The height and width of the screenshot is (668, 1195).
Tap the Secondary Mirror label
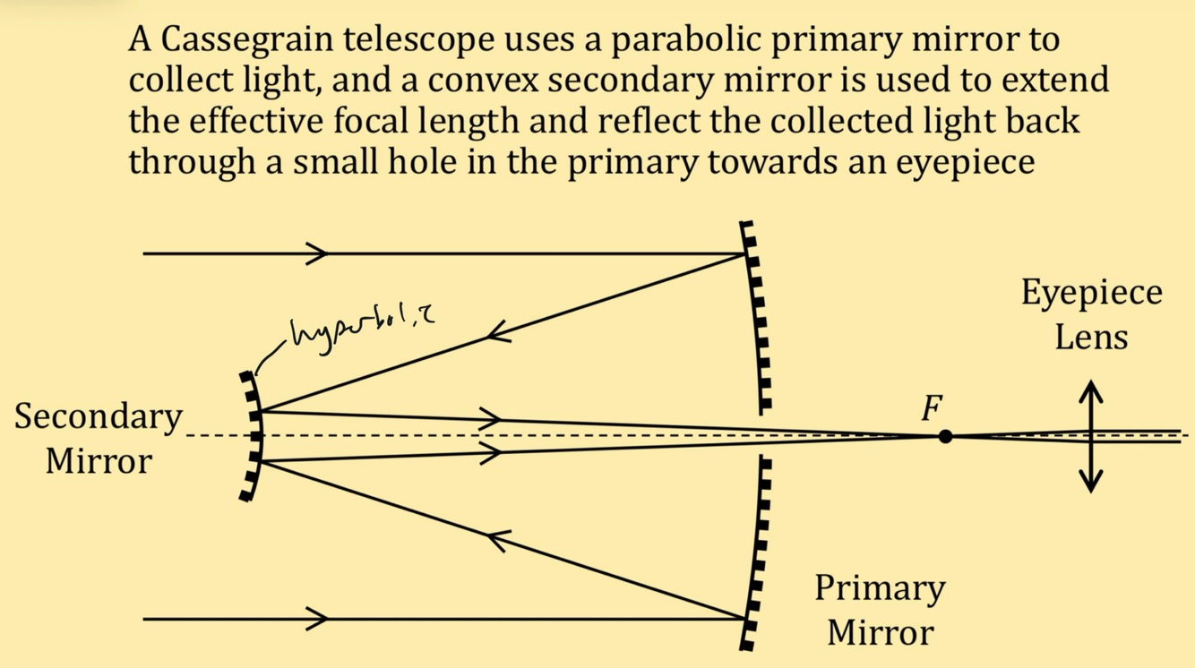pos(98,439)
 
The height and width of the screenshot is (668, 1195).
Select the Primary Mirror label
pos(880,609)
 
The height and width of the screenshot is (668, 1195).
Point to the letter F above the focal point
pos(932,410)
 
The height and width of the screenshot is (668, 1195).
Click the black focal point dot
pos(945,437)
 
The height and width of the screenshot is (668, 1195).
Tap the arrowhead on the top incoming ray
pos(318,253)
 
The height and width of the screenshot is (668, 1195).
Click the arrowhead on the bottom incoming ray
pos(318,618)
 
